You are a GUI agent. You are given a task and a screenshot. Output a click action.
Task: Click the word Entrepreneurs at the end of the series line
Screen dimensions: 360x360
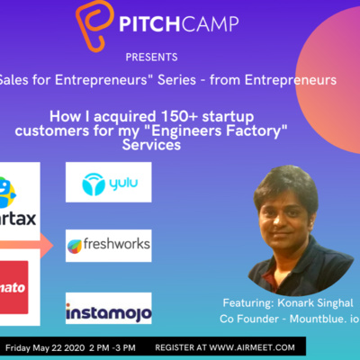(290, 80)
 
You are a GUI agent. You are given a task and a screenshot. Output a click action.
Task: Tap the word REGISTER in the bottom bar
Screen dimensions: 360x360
(176, 346)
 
